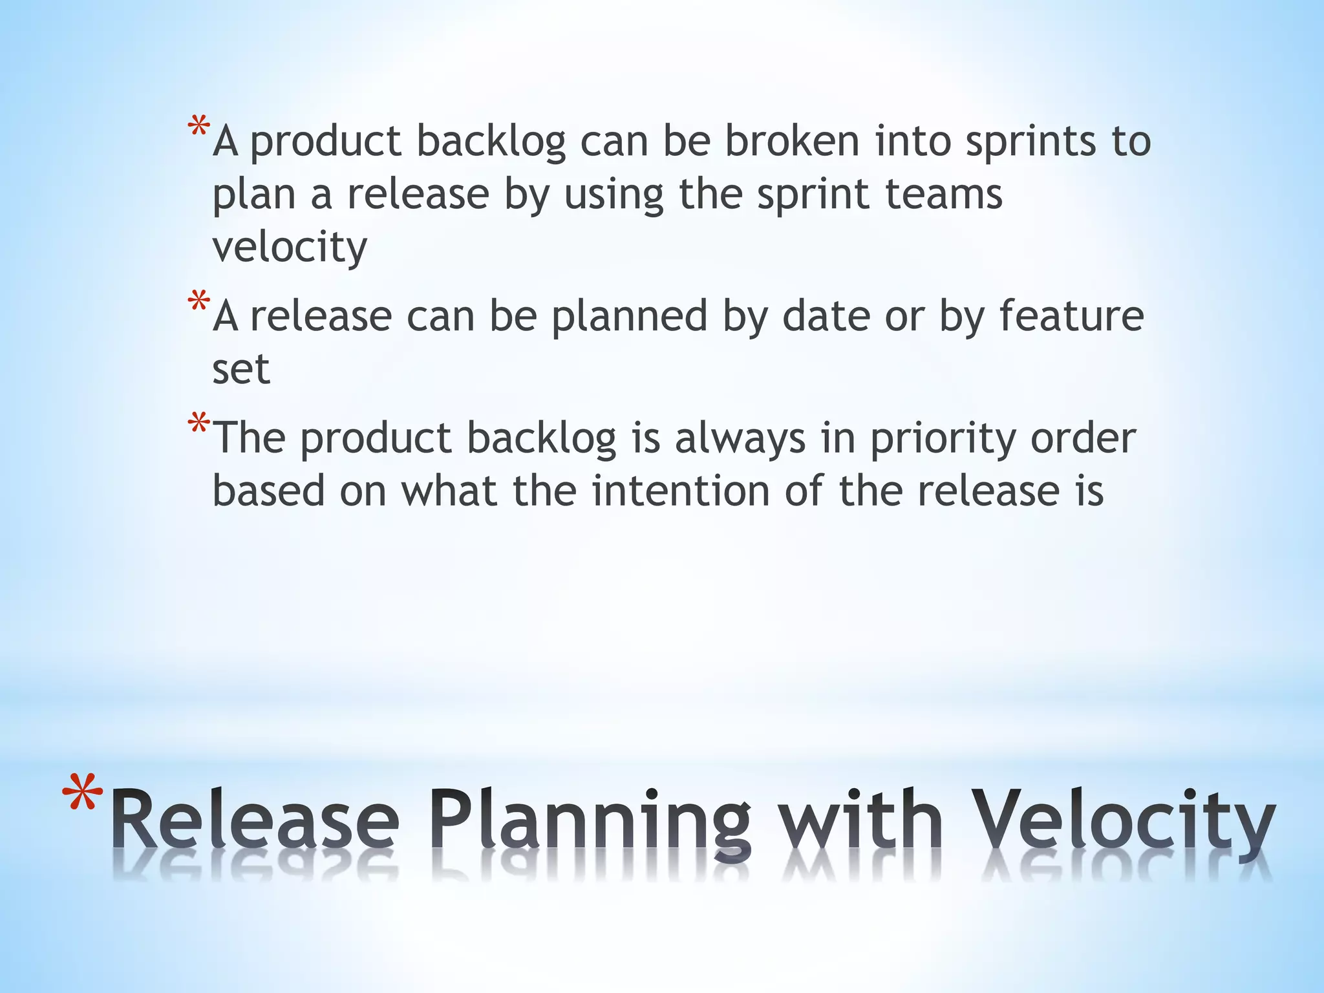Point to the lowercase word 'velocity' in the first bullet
click(x=290, y=248)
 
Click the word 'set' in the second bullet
click(x=240, y=369)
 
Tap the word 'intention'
click(x=680, y=491)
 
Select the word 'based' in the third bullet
click(x=268, y=491)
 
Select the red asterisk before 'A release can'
click(x=198, y=302)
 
